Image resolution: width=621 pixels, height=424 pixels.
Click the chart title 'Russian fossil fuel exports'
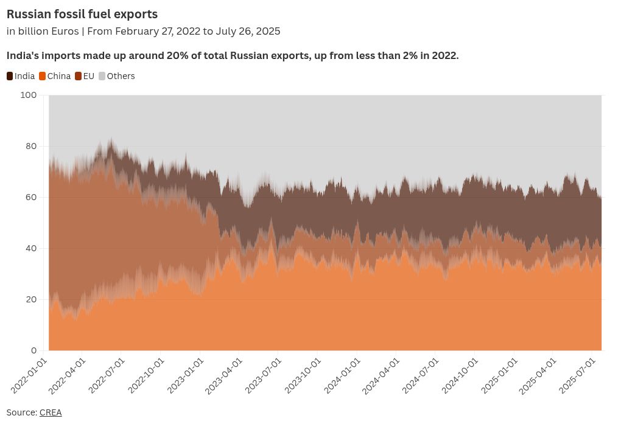[82, 14]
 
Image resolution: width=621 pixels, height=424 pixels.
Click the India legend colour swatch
[10, 76]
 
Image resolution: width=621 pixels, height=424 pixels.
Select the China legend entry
[55, 76]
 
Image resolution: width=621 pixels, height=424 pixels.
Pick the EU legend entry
[85, 76]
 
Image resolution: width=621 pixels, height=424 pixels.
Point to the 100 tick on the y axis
[29, 95]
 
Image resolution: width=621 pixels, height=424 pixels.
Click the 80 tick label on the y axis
[31, 146]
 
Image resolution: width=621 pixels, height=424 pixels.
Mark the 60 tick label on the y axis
[31, 197]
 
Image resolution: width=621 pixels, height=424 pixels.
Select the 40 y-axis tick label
[31, 248]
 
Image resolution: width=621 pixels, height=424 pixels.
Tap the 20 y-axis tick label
[31, 299]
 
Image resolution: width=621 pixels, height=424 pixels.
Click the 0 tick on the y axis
[34, 350]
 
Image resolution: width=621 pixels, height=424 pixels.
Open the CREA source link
[51, 412]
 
